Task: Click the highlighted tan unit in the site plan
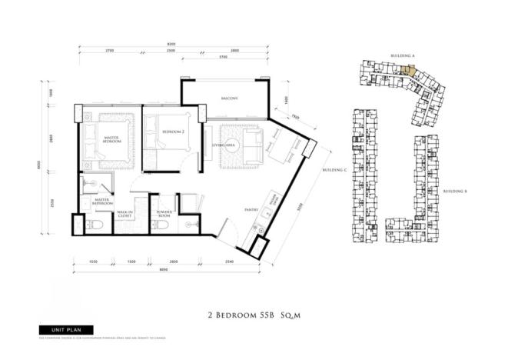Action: tap(408, 70)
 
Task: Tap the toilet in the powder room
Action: tap(189, 224)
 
